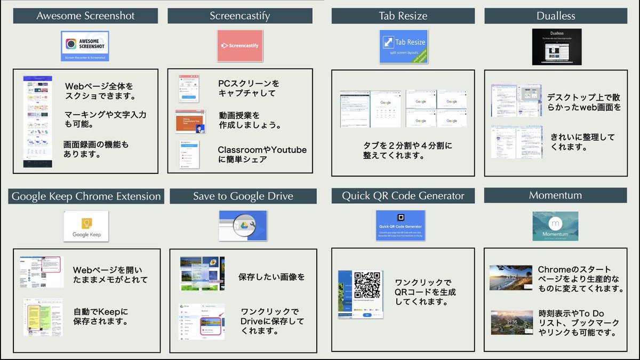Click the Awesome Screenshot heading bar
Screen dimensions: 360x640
click(x=85, y=16)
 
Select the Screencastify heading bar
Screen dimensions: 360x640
click(x=239, y=16)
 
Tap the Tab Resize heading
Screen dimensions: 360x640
click(x=403, y=16)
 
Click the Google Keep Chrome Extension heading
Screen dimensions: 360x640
click(x=86, y=196)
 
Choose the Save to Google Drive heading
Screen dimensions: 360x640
click(x=243, y=196)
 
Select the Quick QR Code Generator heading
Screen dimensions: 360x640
click(x=403, y=196)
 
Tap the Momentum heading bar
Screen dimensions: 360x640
click(x=555, y=195)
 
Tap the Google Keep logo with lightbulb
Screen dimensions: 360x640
click(x=86, y=225)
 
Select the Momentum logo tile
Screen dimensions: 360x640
click(x=555, y=226)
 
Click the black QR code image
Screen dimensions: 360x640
click(x=367, y=285)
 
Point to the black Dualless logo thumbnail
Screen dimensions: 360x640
click(x=556, y=47)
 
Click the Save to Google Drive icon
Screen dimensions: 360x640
click(x=243, y=225)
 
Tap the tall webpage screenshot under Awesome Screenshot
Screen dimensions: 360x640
click(x=38, y=122)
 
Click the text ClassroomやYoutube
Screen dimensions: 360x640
click(x=262, y=150)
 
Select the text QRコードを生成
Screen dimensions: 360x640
click(x=425, y=292)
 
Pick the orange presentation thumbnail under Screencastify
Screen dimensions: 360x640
click(x=190, y=122)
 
